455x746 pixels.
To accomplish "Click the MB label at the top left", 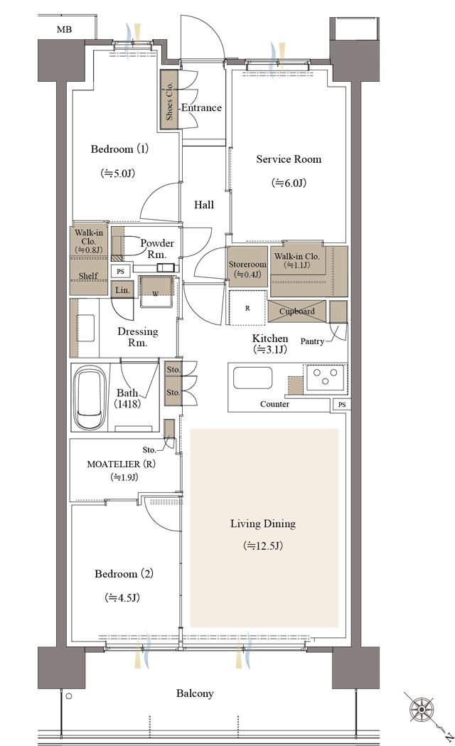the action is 64,29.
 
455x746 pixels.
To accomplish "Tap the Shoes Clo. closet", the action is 169,100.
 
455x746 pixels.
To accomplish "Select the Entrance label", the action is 202,108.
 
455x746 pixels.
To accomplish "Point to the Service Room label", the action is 289,159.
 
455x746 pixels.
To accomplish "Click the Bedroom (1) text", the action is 119,149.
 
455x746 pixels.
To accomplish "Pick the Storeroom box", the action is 247,267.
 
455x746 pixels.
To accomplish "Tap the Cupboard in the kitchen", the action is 296,311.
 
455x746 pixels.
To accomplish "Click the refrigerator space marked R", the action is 247,308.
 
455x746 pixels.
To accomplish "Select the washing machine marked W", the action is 156,292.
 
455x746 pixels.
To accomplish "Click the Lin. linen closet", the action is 123,289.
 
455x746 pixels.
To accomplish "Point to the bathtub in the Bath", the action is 90,398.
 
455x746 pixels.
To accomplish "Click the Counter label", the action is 275,405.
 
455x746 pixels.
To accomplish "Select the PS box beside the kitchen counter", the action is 342,405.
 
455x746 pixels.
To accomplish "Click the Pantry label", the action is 312,341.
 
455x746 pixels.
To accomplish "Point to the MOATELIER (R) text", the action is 122,464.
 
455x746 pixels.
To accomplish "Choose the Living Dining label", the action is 263,524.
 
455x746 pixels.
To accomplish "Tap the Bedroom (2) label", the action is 124,574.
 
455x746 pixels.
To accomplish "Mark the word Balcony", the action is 195,693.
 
